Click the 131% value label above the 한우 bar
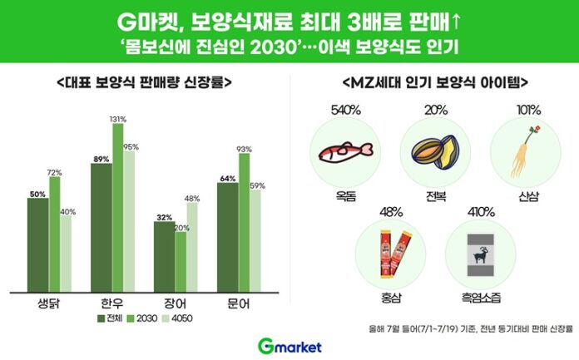(117, 119)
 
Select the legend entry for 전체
(107, 317)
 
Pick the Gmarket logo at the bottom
(289, 346)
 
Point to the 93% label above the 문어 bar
(245, 150)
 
